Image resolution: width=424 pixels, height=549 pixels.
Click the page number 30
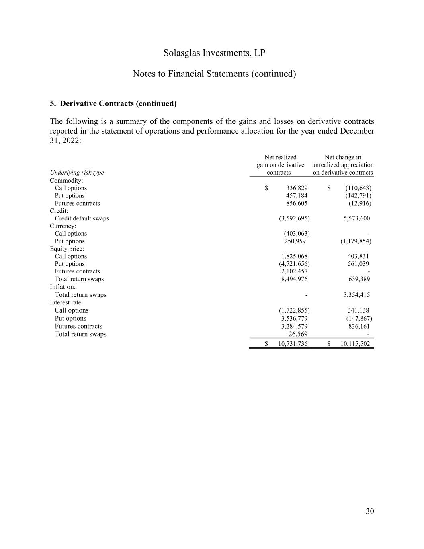pyautogui.click(x=370, y=511)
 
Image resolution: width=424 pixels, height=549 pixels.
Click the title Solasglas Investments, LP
pyautogui.click(x=214, y=53)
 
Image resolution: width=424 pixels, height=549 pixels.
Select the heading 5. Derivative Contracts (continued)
pyautogui.click(x=113, y=103)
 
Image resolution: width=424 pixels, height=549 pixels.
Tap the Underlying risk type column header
pyautogui.click(x=77, y=173)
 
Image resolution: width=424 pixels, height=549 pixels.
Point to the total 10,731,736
pyautogui.click(x=293, y=344)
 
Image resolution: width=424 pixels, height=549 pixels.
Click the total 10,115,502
pyautogui.click(x=355, y=344)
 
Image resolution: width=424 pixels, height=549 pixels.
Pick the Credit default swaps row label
pyautogui.click(x=82, y=218)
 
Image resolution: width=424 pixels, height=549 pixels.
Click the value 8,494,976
pyautogui.click(x=294, y=279)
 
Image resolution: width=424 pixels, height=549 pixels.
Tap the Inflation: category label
pyautogui.click(x=63, y=287)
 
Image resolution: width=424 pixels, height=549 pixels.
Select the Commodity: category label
pyautogui.click(x=66, y=181)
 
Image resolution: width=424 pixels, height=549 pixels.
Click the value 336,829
pyautogui.click(x=297, y=188)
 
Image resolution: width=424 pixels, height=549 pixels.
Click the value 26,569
pyautogui.click(x=298, y=334)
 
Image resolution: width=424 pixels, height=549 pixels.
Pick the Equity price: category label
pyautogui.click(x=67, y=249)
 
